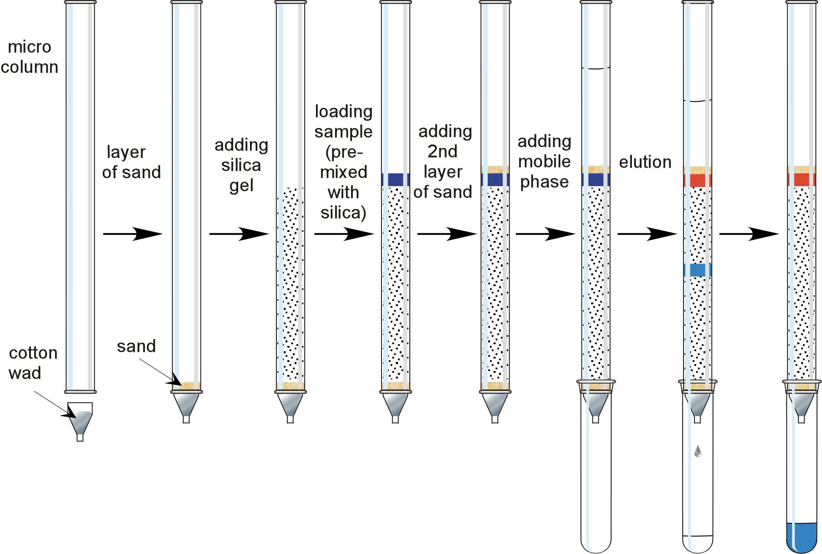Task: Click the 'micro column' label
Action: pyautogui.click(x=30, y=57)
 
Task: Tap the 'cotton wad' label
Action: pyautogui.click(x=33, y=363)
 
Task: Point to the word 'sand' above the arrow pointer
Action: pyautogui.click(x=136, y=346)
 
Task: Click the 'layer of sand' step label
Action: pyautogui.click(x=131, y=162)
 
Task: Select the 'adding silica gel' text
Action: pyautogui.click(x=241, y=165)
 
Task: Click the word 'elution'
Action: pyautogui.click(x=645, y=162)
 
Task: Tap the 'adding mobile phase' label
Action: pyautogui.click(x=544, y=161)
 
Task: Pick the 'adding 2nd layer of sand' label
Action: pyautogui.click(x=443, y=161)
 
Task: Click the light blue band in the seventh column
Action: pyautogui.click(x=697, y=270)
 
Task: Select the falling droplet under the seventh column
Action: pyautogui.click(x=697, y=451)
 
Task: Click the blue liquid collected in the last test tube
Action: pyautogui.click(x=801, y=538)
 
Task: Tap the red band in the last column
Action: pyautogui.click(x=801, y=179)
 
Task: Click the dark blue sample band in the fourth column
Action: pyautogui.click(x=395, y=179)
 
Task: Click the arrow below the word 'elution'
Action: pyautogui.click(x=647, y=234)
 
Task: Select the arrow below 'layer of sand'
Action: pyautogui.click(x=132, y=234)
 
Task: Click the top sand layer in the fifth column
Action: pyautogui.click(x=495, y=169)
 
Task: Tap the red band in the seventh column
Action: pyautogui.click(x=697, y=179)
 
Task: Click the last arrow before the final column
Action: pyautogui.click(x=749, y=234)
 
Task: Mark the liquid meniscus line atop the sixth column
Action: pyautogui.click(x=595, y=68)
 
